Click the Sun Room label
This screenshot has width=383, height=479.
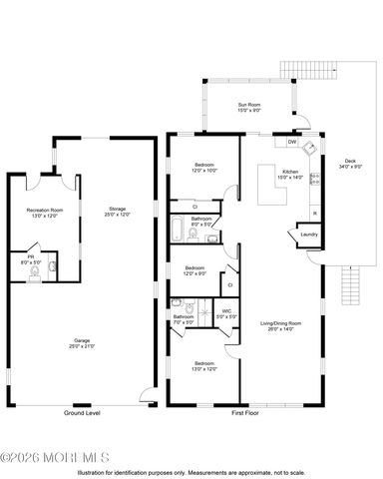point(248,107)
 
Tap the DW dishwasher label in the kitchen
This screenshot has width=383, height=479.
point(291,143)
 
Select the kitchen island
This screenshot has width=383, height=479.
point(267,185)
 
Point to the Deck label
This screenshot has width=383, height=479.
point(349,164)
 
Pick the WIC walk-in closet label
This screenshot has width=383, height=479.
point(226,313)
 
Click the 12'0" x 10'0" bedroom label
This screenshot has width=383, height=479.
point(203,167)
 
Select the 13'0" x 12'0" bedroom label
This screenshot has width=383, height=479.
point(203,365)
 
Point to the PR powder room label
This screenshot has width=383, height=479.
point(27,259)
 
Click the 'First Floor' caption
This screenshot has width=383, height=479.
point(245,412)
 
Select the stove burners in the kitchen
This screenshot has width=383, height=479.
point(315,182)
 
